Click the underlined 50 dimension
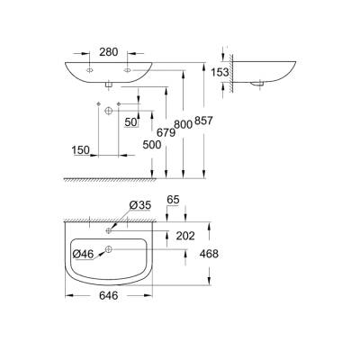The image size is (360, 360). pos(131,121)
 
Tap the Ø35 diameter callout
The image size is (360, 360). pos(139,206)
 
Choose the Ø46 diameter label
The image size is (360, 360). pos(84,255)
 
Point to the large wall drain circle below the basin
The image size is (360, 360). pos(109,109)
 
